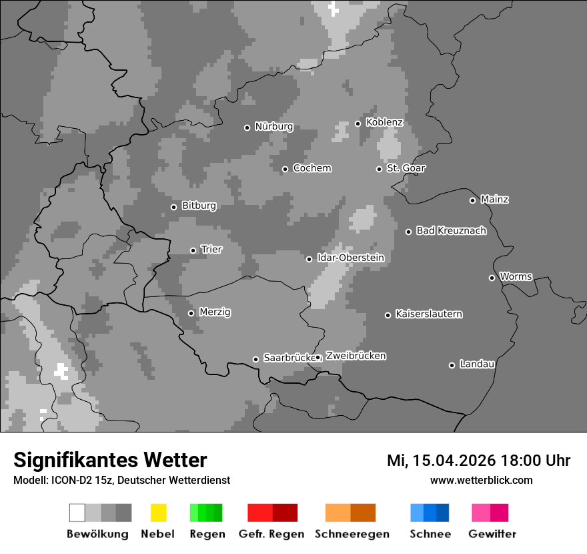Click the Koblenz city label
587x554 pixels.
[x=384, y=123]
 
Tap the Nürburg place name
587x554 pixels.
[x=273, y=127]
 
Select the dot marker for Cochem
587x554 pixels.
[x=285, y=169]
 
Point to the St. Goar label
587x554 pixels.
[x=406, y=168]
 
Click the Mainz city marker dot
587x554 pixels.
[x=472, y=200]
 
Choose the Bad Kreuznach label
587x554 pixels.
[x=451, y=231]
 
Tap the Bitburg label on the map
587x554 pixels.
[x=199, y=206]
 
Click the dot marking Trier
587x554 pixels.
[x=193, y=250]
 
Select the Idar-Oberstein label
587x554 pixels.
[x=350, y=258]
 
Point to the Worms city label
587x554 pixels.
[x=516, y=276]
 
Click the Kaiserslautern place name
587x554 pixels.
[x=428, y=314]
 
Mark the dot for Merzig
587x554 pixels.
[x=191, y=313]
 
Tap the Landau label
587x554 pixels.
[x=477, y=364]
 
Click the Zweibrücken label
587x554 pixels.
[x=356, y=356]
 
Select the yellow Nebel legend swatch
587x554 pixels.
[x=158, y=513]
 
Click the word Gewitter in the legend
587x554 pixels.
[x=492, y=534]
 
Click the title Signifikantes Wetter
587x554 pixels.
[x=110, y=460]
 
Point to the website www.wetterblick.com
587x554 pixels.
[x=481, y=480]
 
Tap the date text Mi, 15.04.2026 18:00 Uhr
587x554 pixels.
[x=478, y=461]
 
